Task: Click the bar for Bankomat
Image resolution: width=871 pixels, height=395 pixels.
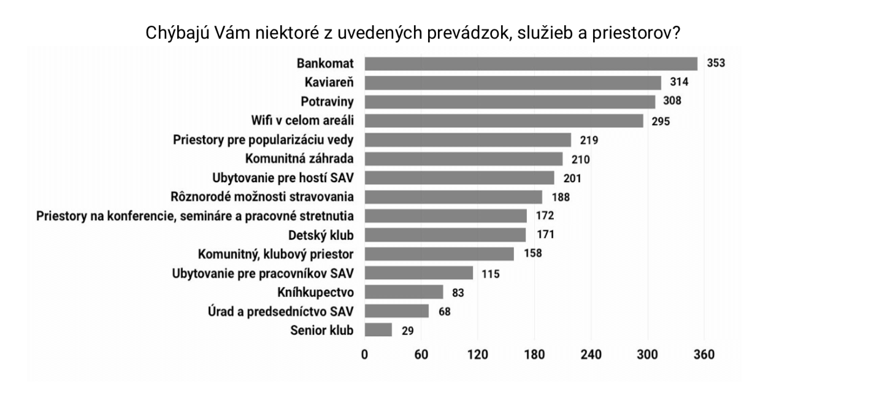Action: coord(531,64)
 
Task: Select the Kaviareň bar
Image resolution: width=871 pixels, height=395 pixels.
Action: coord(513,83)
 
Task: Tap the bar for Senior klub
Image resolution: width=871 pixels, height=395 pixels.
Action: coord(378,330)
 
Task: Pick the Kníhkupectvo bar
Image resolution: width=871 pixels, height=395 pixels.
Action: coord(404,292)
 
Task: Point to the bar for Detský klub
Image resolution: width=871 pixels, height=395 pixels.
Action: coord(445,235)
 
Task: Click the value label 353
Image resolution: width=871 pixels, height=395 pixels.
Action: coord(716,64)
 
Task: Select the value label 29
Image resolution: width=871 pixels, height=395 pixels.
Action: coord(408,331)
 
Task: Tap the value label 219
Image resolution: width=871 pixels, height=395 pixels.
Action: coord(589,140)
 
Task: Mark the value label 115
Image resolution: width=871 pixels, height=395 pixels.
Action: coord(491,274)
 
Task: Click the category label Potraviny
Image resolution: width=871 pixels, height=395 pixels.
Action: coord(327,102)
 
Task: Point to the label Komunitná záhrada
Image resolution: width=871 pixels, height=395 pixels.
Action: coord(299,159)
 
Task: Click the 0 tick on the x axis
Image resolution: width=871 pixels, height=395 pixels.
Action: coord(364,355)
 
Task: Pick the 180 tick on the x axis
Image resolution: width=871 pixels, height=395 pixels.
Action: coord(534,355)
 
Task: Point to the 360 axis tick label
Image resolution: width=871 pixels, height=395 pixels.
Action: coord(704,355)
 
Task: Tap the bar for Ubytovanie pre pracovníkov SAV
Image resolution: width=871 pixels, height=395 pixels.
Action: coord(419,273)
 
